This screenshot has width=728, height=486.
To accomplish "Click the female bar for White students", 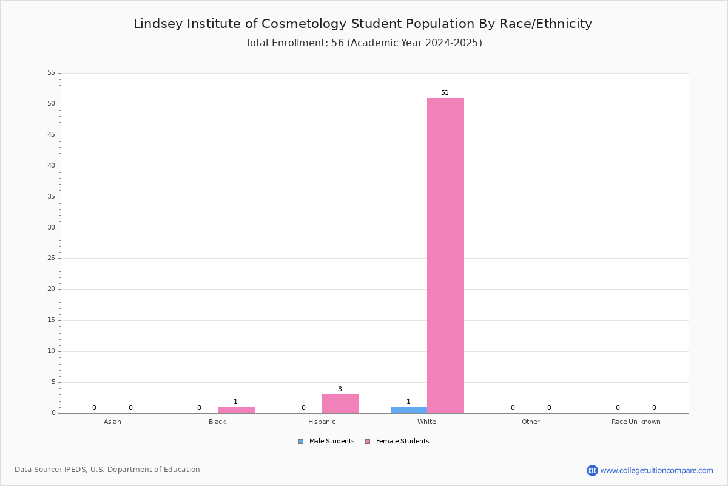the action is [445, 256].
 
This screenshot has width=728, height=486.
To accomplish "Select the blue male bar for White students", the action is [409, 410].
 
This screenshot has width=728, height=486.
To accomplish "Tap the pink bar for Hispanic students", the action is [340, 404].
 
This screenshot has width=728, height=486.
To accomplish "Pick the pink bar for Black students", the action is [236, 410].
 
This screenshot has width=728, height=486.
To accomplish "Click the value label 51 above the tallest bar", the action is [445, 92].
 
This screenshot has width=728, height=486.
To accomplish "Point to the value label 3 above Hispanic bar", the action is [340, 389].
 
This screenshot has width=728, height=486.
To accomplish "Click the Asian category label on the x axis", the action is [112, 422].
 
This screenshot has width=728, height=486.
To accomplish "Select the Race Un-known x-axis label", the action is [636, 422].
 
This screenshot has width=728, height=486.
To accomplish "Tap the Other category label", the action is [531, 422].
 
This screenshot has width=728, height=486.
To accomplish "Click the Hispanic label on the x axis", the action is [322, 422].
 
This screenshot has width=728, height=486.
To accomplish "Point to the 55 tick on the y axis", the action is [52, 72].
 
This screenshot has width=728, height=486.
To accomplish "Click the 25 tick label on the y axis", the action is [52, 258].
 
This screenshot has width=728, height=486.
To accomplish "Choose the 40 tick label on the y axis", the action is [52, 165].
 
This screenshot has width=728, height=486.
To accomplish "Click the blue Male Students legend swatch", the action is [301, 442].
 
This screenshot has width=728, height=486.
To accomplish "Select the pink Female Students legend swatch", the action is [368, 442].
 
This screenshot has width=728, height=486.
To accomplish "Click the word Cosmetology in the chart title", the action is [304, 24].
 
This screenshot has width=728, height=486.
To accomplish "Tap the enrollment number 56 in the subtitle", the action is [337, 43].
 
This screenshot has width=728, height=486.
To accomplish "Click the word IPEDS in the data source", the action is [75, 470].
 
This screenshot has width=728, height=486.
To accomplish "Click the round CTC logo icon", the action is [592, 470].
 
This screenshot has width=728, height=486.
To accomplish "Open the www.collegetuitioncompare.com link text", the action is [657, 471].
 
